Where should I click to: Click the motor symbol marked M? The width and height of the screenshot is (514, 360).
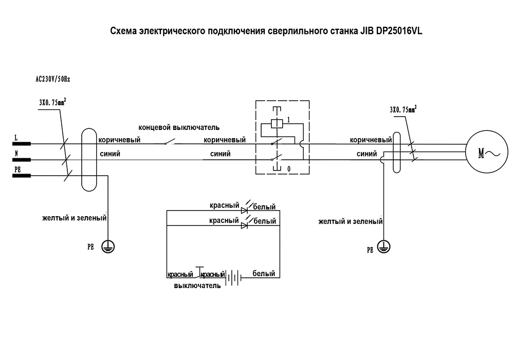[x=484, y=152]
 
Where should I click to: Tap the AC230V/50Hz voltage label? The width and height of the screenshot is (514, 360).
[x=52, y=80]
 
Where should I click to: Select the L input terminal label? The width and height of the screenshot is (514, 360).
[x=16, y=138]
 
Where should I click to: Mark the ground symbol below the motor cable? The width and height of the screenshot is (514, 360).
[x=383, y=247]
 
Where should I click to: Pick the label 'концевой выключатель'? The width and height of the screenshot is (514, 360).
[x=178, y=127]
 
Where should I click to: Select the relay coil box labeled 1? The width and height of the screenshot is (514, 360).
[x=277, y=123]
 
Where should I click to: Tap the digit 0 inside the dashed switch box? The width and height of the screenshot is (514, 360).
[x=289, y=168]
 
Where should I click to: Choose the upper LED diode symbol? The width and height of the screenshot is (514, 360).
[x=245, y=210]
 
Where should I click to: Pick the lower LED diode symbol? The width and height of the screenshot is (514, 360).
[x=245, y=224]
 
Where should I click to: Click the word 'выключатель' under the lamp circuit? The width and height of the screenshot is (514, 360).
[x=198, y=286]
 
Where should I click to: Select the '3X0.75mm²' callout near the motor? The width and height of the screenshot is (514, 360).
[x=403, y=110]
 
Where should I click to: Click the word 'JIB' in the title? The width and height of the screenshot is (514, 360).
[x=360, y=31]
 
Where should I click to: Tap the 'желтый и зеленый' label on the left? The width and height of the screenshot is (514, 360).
[x=74, y=218]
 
